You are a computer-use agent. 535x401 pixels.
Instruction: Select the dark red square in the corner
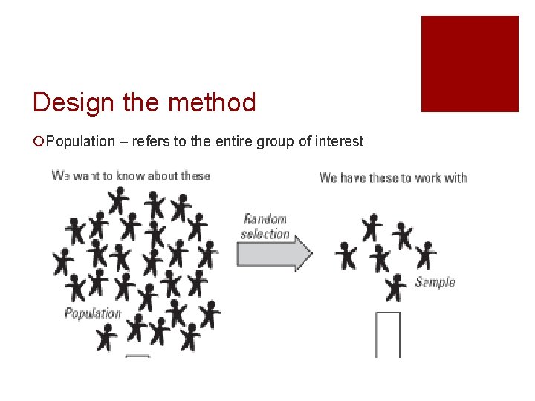[x=470, y=64]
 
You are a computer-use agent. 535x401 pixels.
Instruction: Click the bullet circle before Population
[x=39, y=142]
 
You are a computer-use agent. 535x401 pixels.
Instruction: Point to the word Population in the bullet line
[x=81, y=141]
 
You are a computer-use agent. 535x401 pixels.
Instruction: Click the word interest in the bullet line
[x=340, y=141]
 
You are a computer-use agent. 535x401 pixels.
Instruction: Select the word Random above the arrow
[x=265, y=220]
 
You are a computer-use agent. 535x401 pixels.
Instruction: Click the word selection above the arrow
[x=265, y=234]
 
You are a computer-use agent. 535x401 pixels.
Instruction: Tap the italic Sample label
[x=435, y=282]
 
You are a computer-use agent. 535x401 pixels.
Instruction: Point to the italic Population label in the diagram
[x=93, y=313]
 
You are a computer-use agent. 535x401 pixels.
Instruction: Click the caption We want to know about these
[x=131, y=176]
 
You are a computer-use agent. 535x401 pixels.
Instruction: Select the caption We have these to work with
[x=393, y=177]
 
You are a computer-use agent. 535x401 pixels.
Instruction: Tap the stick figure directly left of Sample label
[x=398, y=287]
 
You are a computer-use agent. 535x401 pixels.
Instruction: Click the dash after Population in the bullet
[x=123, y=142]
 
